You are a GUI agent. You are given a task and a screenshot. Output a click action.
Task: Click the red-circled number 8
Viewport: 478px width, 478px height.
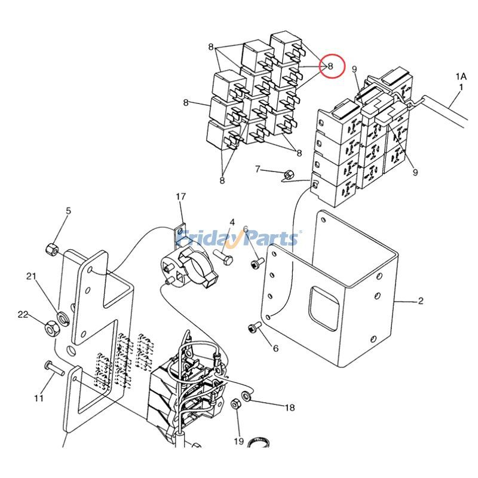pyautogui.click(x=330, y=66)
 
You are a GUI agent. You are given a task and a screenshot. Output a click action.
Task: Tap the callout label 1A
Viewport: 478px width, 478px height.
pyautogui.click(x=461, y=76)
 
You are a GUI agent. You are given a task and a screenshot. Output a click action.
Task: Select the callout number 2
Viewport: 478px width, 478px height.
pyautogui.click(x=421, y=301)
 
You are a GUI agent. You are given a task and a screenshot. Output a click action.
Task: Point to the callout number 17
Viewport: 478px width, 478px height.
pyautogui.click(x=181, y=197)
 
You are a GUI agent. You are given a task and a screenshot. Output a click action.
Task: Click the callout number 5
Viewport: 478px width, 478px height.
pyautogui.click(x=68, y=210)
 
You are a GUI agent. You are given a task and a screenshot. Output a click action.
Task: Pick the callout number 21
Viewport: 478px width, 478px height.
pyautogui.click(x=32, y=275)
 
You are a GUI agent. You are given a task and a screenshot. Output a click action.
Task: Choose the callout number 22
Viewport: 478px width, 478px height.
pyautogui.click(x=23, y=314)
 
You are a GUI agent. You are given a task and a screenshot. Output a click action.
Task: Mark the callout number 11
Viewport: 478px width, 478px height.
pyautogui.click(x=39, y=398)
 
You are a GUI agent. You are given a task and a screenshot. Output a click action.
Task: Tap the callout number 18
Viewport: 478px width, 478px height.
pyautogui.click(x=290, y=408)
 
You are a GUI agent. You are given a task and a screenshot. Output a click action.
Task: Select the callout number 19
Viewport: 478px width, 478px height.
pyautogui.click(x=239, y=442)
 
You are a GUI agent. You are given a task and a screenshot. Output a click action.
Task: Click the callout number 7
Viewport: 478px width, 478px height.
pyautogui.click(x=258, y=169)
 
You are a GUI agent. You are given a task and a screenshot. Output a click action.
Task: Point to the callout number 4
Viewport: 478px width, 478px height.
pyautogui.click(x=232, y=222)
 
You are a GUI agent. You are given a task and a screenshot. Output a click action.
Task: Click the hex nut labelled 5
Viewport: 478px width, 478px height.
pyautogui.click(x=52, y=248)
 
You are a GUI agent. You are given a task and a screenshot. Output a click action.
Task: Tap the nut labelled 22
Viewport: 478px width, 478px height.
pyautogui.click(x=51, y=327)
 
